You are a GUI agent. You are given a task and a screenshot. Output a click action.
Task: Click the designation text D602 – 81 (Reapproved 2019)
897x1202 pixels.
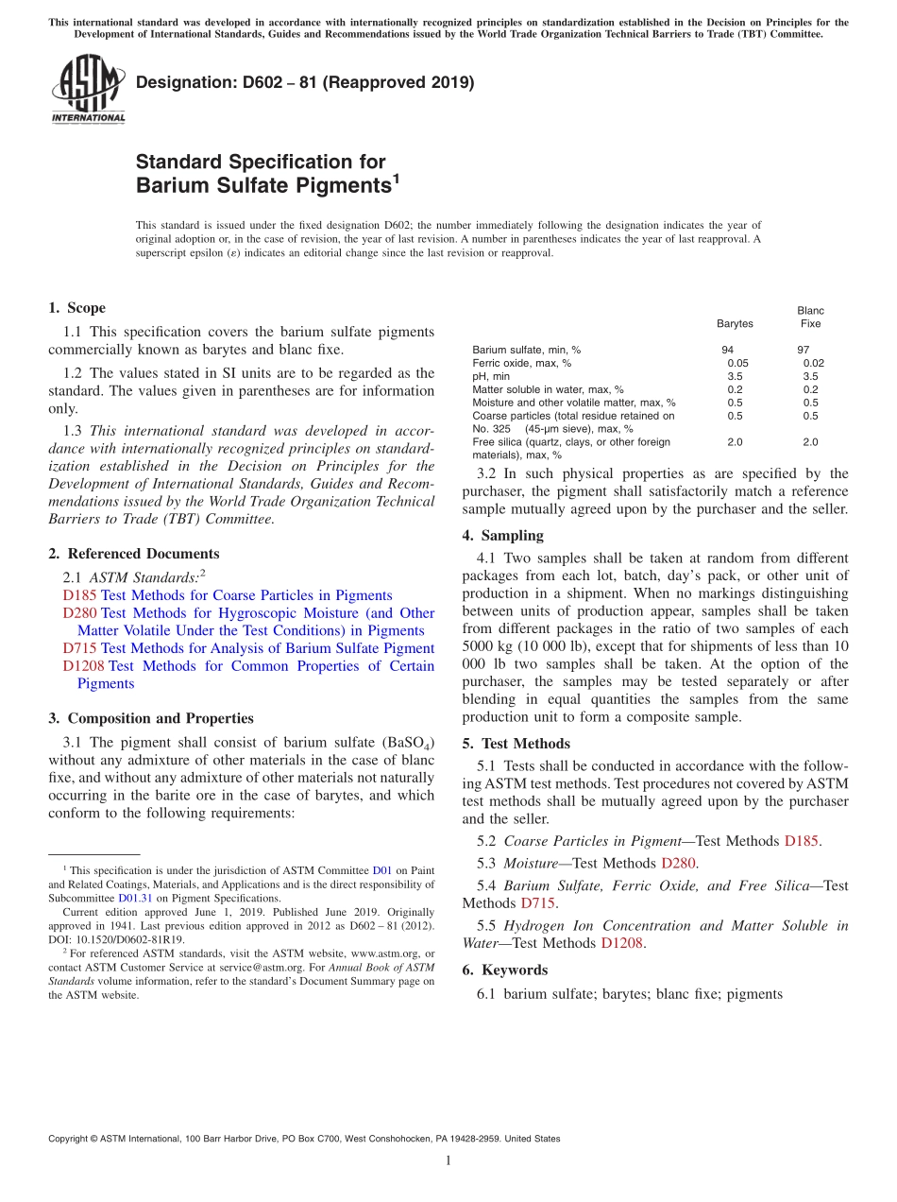coord(305,82)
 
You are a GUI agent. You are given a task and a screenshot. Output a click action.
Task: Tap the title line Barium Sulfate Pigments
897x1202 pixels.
coord(264,185)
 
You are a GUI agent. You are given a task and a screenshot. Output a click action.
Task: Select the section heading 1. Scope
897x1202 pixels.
coord(76,308)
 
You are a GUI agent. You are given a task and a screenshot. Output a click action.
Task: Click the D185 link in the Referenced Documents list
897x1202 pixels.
coord(79,595)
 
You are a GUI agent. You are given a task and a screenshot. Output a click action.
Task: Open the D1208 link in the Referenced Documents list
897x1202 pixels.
coord(83,666)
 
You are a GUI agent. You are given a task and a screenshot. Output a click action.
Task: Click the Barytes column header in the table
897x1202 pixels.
coord(735,324)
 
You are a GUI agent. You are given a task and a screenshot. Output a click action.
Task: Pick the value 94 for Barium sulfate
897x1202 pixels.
coord(727,350)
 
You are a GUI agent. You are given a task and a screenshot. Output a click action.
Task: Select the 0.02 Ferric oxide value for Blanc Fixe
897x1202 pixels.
coord(813,363)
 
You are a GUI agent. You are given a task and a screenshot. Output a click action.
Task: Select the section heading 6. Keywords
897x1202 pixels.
coord(504,970)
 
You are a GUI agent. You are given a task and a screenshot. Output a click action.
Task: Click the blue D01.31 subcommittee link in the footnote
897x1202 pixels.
coord(134,899)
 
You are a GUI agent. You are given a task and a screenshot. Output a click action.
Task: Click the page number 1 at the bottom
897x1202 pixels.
coord(448,1160)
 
